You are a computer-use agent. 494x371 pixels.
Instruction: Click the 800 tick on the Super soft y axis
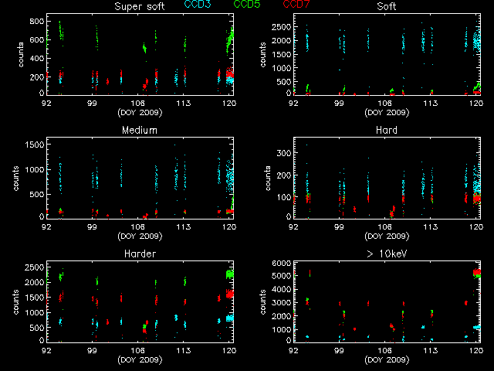[x=36, y=19]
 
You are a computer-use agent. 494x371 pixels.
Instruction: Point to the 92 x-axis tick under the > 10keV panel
[x=294, y=349]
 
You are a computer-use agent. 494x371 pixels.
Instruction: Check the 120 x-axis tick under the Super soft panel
[x=229, y=102]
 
